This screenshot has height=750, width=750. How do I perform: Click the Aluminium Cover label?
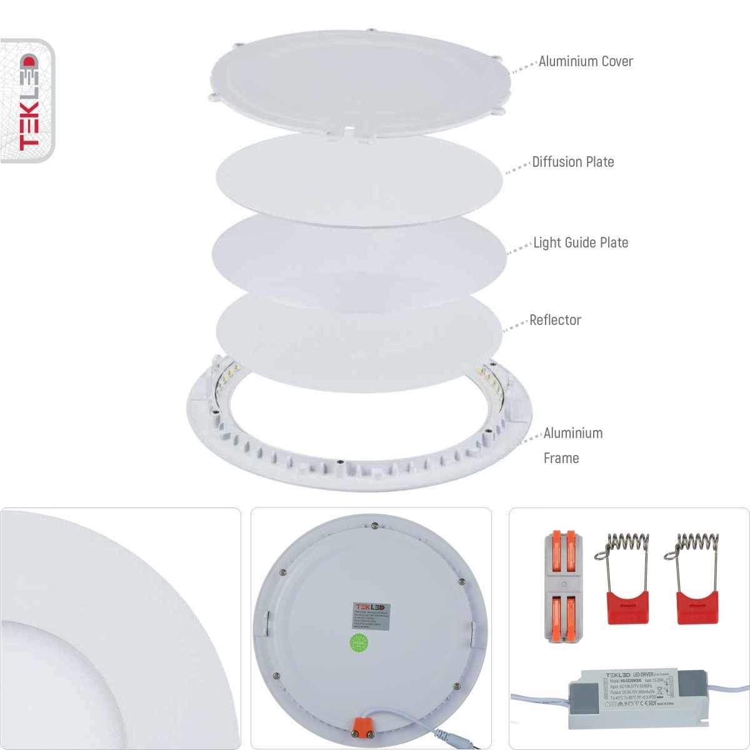(x=585, y=61)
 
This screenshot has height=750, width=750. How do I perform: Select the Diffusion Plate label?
(x=572, y=162)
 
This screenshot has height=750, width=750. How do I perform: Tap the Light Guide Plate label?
(x=580, y=242)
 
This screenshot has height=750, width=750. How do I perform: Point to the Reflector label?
(x=555, y=320)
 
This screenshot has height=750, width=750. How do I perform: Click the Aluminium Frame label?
(x=572, y=445)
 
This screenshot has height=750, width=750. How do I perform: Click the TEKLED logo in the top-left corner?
(x=27, y=101)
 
